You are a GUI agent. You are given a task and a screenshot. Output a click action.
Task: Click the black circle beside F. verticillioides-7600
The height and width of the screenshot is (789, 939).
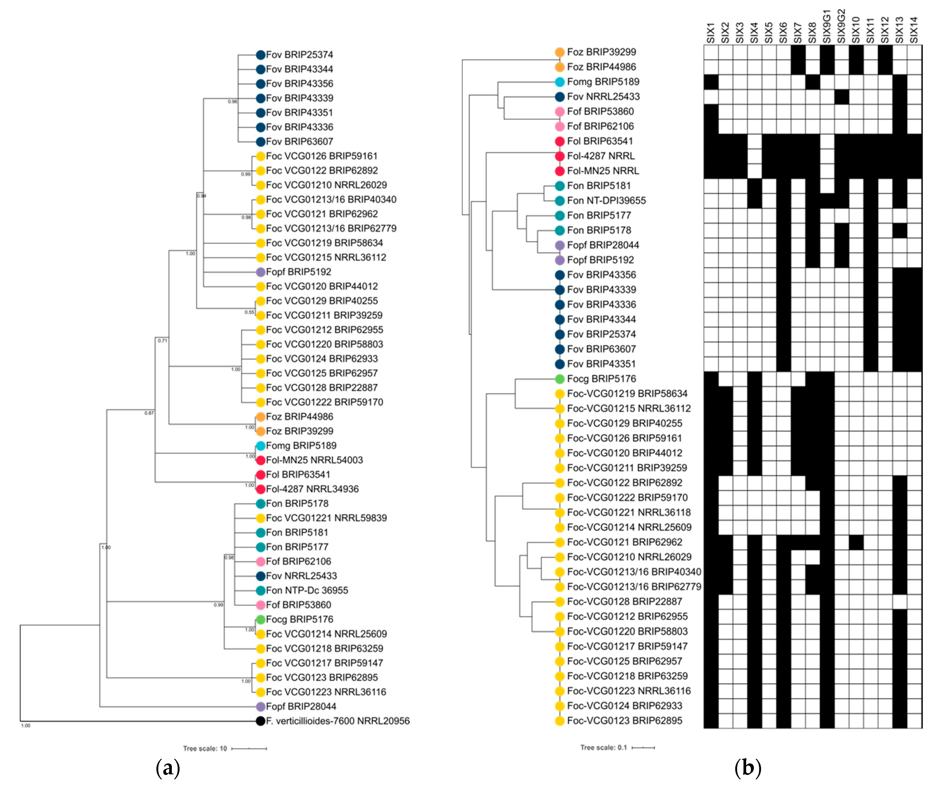pyautogui.click(x=260, y=721)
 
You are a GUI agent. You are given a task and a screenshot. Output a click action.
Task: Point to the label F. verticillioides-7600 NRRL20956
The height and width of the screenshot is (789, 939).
pyautogui.click(x=338, y=721)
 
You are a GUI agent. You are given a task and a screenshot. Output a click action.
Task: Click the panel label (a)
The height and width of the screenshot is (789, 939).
pyautogui.click(x=168, y=767)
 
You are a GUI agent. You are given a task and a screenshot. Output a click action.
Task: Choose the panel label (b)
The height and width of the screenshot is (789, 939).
pyautogui.click(x=748, y=767)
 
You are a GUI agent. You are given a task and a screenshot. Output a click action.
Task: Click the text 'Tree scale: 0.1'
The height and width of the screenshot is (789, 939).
pyautogui.click(x=603, y=747)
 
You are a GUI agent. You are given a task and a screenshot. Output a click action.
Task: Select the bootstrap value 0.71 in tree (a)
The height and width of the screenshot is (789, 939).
pyautogui.click(x=162, y=341)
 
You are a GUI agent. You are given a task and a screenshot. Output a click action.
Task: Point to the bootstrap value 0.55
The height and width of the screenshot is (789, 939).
pyautogui.click(x=249, y=312)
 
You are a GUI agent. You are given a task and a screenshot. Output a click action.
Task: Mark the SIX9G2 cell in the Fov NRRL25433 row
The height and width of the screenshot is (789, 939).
pyautogui.click(x=842, y=97)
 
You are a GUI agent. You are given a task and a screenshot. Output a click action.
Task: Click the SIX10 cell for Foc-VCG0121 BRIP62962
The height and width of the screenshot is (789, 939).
pyautogui.click(x=856, y=542)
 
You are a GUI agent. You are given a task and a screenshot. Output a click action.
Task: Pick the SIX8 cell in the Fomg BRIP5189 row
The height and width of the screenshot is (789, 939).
pyautogui.click(x=812, y=82)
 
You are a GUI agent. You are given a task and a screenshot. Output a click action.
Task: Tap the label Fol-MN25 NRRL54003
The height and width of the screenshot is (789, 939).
pyautogui.click(x=314, y=460)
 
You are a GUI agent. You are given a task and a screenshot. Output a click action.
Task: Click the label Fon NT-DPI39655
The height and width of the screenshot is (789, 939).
pyautogui.click(x=606, y=200)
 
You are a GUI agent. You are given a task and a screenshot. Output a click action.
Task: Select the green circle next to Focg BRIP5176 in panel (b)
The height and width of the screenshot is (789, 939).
pyautogui.click(x=559, y=379)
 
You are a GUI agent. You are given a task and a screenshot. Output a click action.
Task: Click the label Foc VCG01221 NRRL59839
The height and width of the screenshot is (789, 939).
pyautogui.click(x=326, y=518)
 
